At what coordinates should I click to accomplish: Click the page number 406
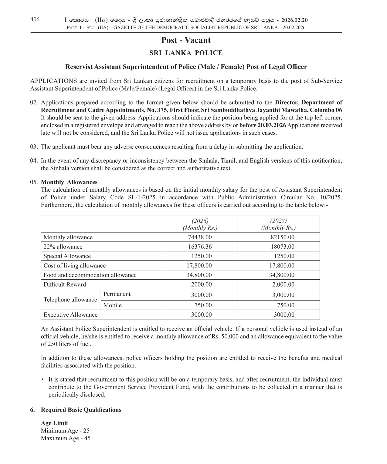click(x=35, y=20)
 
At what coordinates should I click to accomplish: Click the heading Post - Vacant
click(x=186, y=40)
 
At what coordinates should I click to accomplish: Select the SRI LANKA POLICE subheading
click(x=186, y=53)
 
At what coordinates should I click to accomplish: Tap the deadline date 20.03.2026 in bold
click(x=263, y=125)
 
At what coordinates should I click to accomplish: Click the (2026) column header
click(x=200, y=221)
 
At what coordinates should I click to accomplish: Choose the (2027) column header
click(x=278, y=221)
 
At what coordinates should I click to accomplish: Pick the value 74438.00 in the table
click(x=200, y=237)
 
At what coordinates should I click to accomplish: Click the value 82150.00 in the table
click(x=282, y=237)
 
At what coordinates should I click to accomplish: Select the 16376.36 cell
click(x=200, y=247)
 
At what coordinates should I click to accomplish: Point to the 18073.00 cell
click(x=282, y=247)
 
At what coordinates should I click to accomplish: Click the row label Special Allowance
click(x=67, y=256)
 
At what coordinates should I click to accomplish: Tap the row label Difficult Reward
click(x=65, y=284)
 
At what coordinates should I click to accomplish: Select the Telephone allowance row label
click(x=70, y=300)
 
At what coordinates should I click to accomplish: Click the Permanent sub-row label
click(x=117, y=294)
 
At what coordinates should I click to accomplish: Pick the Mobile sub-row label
click(x=112, y=305)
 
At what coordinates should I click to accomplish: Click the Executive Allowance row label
click(x=70, y=315)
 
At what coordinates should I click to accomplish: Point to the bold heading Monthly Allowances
click(x=69, y=182)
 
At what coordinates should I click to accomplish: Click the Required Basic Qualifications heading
click(x=81, y=410)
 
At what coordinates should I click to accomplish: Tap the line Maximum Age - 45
click(x=66, y=438)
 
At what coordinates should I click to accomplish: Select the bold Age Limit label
click(x=54, y=423)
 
